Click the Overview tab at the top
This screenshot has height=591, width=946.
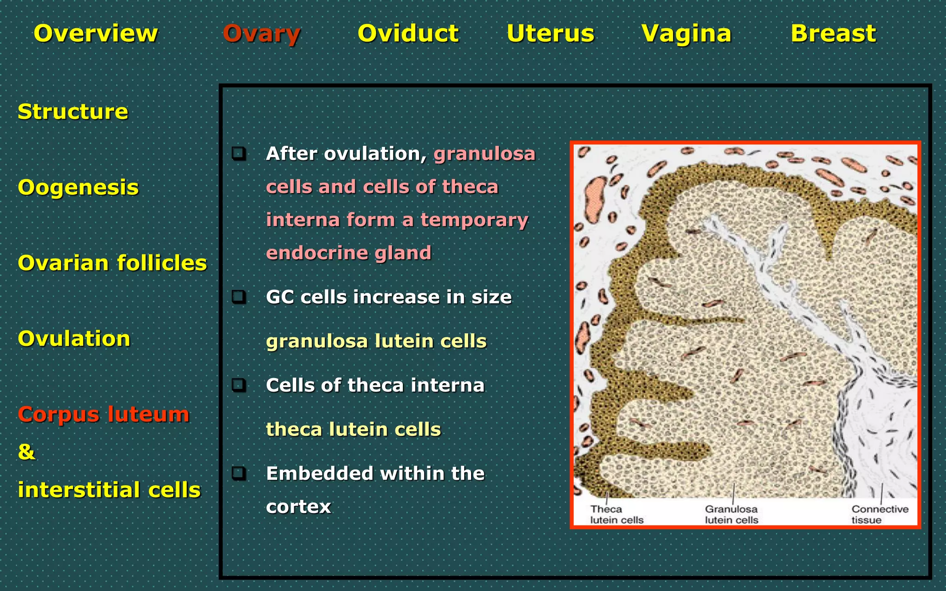coord(96,34)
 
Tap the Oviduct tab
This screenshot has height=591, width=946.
coord(408,34)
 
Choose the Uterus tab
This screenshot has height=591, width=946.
coord(550,34)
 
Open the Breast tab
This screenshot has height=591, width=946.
coord(833,34)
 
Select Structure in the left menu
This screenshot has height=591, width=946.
coord(73,112)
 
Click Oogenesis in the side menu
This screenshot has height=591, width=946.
coord(78,187)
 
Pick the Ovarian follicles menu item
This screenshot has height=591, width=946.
coord(112,263)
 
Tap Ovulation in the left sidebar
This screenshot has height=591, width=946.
coord(74,339)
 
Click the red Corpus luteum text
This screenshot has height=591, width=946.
coord(103,414)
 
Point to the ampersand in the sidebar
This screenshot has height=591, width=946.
coord(26,452)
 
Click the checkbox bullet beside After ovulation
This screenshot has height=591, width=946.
coord(239,153)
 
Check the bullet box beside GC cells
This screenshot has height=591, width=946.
coord(239,296)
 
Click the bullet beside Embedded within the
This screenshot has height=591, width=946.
coord(239,473)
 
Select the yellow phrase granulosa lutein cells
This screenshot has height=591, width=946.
coord(376,341)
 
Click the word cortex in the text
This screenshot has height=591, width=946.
coord(298,507)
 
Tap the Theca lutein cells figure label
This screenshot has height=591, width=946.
coord(616,514)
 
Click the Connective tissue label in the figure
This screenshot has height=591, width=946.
coord(879,514)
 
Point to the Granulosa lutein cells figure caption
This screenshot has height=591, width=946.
coord(731,514)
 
